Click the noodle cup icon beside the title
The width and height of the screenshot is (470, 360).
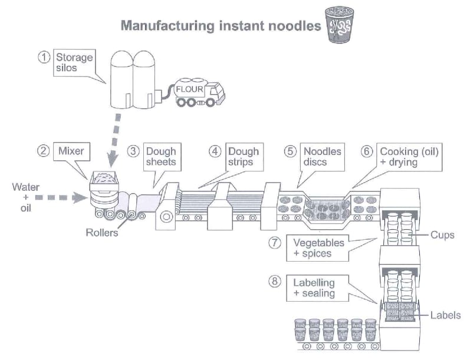coord(340,25)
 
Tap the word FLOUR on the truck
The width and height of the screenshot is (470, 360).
coord(189,89)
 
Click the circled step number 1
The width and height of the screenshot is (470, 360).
coord(44,57)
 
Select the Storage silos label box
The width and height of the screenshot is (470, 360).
coord(74,62)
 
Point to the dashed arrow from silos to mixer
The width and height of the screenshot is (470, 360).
coord(115,140)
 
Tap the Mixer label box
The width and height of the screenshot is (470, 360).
coord(71,151)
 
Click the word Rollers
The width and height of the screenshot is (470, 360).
coord(102,232)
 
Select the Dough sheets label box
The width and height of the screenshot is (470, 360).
coord(162,157)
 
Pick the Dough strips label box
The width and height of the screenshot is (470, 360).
coord(245,157)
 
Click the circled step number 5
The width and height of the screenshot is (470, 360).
coord(290,151)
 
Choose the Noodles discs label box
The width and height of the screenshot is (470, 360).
coord(322,157)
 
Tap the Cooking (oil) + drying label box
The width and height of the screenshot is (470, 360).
coord(409,157)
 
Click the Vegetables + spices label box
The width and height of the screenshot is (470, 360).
coord(317,248)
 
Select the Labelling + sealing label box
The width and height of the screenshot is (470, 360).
coord(317,288)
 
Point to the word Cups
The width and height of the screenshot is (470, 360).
coord(442,235)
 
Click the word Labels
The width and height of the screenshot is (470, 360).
coord(446,315)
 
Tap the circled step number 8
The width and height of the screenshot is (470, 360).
coord(275,281)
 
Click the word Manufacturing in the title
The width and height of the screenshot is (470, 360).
coord(167,26)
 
